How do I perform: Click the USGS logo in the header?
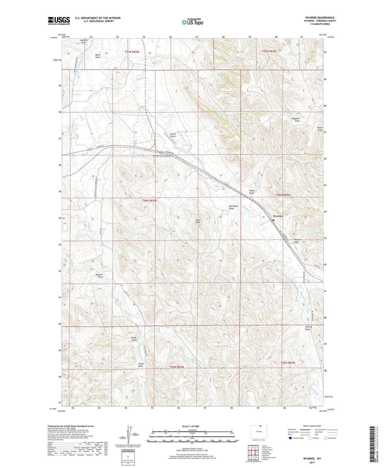pos(59,21)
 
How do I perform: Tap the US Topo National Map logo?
pos(192,22)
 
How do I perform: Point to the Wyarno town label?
pos(277,216)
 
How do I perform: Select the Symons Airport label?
pos(173,135)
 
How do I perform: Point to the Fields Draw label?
pos(134,339)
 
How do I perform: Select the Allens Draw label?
pos(141,365)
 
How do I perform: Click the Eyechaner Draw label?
pos(232,207)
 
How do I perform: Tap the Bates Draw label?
pos(98,56)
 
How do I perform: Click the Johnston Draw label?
pos(84,41)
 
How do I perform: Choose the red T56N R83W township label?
pos(149,200)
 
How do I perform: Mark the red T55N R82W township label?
pos(288,363)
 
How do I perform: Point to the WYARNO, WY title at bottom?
pos(312,459)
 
